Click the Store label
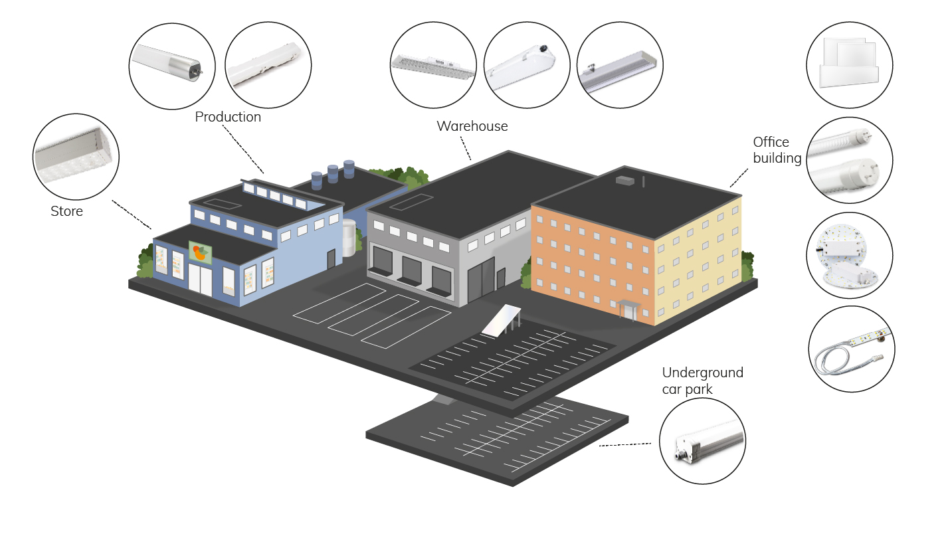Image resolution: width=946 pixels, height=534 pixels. (x=66, y=212)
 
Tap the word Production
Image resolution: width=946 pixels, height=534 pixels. (x=228, y=117)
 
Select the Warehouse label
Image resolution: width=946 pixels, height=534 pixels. (x=472, y=126)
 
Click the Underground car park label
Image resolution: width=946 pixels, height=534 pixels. (x=702, y=381)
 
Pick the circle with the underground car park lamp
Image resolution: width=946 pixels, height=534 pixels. (x=702, y=441)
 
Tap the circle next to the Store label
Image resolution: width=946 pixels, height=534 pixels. (x=76, y=157)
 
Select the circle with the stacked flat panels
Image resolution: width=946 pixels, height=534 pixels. (x=849, y=64)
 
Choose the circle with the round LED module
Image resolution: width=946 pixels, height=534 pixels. (x=849, y=256)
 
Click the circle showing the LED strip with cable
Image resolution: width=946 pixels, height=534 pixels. (x=851, y=349)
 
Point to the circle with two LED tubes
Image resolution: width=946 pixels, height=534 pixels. (x=849, y=161)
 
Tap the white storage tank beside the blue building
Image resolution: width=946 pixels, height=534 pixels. (x=348, y=238)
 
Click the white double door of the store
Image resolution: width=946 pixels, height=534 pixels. (x=200, y=280)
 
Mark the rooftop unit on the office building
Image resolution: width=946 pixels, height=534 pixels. (x=625, y=179)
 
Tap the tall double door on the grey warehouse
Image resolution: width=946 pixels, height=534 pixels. (x=481, y=278)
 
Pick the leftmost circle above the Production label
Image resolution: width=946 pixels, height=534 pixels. (x=171, y=65)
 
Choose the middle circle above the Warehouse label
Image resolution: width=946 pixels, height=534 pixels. (x=526, y=65)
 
